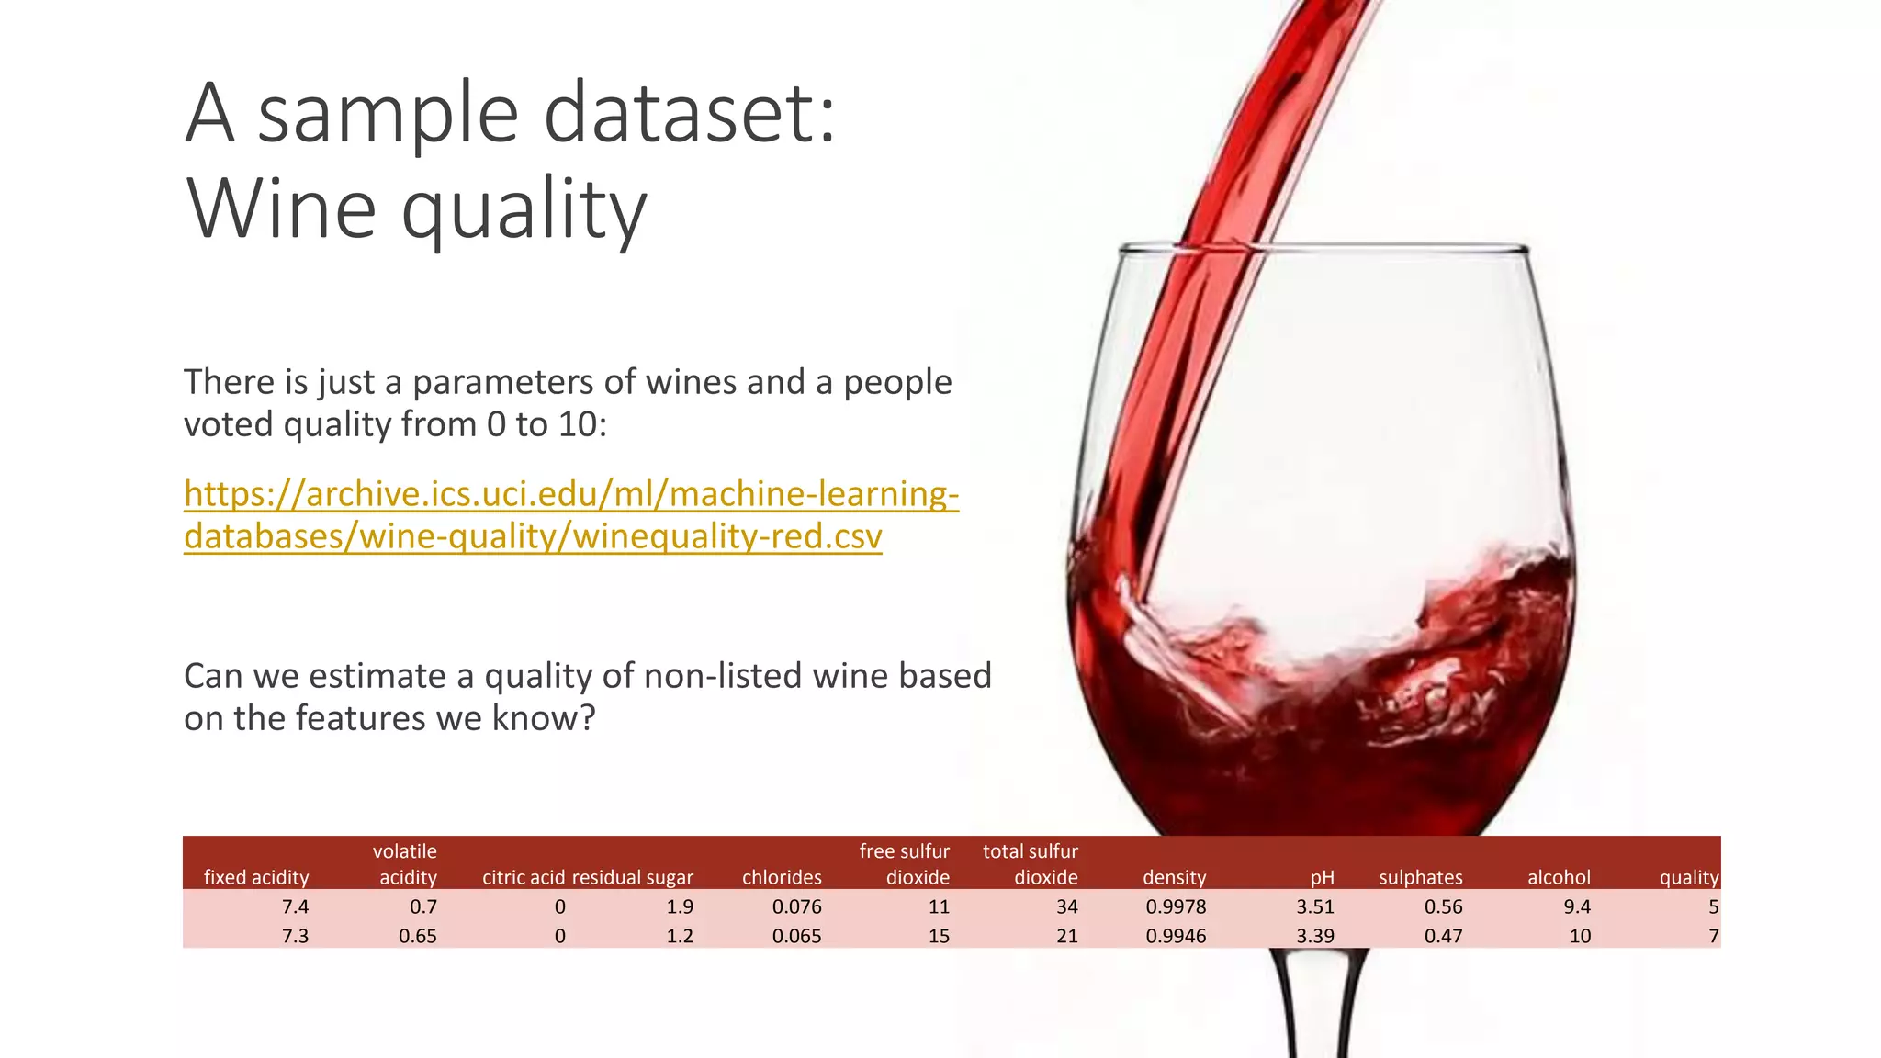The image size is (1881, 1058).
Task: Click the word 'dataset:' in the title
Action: (690, 114)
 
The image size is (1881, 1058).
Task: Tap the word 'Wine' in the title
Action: (281, 209)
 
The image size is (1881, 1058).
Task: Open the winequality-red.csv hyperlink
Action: (571, 515)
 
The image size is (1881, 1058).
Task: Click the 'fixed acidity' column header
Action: (255, 877)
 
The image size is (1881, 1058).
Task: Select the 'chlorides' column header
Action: (782, 877)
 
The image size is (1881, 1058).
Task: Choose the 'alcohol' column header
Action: (1559, 877)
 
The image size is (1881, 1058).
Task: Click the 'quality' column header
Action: (1688, 877)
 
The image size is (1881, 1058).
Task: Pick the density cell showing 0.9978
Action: (1176, 906)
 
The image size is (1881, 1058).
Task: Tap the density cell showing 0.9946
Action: (1176, 936)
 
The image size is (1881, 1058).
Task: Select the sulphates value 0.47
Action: (1443, 936)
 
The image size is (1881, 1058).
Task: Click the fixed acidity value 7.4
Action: (295, 906)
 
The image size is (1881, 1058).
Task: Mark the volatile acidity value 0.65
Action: (417, 936)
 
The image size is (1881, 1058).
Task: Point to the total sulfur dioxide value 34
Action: (1066, 906)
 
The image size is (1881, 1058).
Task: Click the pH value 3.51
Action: (1314, 906)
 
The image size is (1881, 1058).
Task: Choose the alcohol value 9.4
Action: (1576, 906)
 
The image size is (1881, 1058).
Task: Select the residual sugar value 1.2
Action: (679, 936)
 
